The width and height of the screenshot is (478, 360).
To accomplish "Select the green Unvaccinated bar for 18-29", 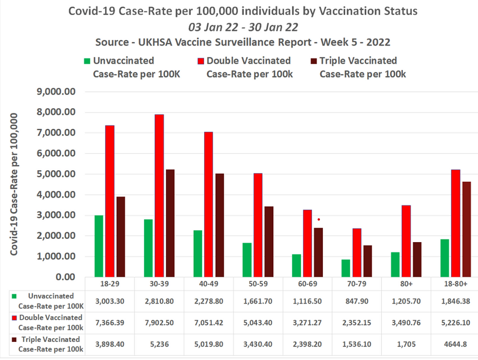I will pyautogui.click(x=99, y=246).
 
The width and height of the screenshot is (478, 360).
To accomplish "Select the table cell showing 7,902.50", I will pyautogui.click(x=159, y=323).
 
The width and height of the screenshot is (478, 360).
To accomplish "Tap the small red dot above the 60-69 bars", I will pyautogui.click(x=319, y=219).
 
